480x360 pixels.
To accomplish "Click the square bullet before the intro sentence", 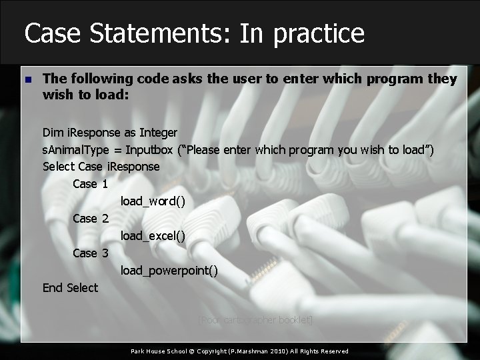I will [x=27, y=80].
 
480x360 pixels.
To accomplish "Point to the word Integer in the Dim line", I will [x=158, y=133].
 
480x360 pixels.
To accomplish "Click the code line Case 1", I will [x=90, y=184].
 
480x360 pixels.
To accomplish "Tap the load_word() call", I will [x=153, y=201].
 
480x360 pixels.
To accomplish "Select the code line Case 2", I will [x=90, y=219].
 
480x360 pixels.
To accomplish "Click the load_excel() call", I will [x=153, y=236].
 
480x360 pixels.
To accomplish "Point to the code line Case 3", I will [x=90, y=253].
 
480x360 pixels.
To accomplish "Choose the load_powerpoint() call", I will [x=169, y=271].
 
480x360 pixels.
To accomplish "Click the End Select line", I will [x=70, y=288].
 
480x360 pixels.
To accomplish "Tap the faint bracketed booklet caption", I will [x=256, y=320].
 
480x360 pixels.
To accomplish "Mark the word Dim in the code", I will [x=52, y=133].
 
